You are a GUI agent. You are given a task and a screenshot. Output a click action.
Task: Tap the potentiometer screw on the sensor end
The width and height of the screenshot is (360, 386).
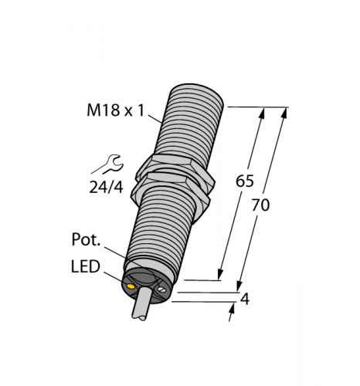[x=161, y=291]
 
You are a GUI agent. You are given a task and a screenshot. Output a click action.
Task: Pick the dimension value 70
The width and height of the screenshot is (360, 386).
[x=262, y=206]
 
